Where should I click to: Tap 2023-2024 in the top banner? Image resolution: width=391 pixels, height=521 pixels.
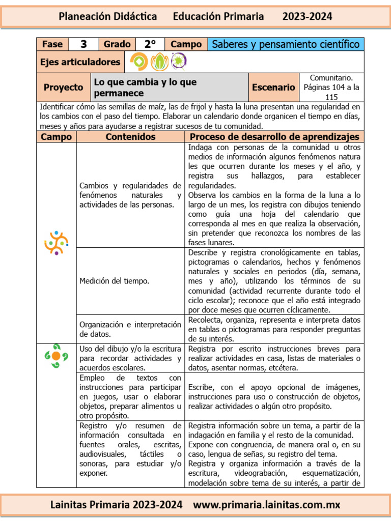pos(307,16)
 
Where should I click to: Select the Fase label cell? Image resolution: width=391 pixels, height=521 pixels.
pos(52,44)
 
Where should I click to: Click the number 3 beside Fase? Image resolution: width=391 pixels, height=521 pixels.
pos(83,44)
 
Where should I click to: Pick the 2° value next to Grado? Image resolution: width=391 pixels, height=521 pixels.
pos(150,44)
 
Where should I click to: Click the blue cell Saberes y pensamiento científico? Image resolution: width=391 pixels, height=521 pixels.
pos(286,44)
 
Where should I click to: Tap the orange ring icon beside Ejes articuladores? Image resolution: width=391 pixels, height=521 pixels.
pos(138,62)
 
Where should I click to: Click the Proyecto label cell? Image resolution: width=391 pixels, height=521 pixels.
pos(63,87)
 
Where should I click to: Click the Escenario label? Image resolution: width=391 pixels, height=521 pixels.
pos(273,87)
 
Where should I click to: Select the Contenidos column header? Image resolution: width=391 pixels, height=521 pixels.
pos(130,137)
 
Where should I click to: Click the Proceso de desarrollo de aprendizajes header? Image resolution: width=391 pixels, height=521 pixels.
pos(274,137)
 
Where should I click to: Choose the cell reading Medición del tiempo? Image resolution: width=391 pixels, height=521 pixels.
pos(115,281)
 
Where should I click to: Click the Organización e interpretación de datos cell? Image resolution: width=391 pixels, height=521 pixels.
pos(130,329)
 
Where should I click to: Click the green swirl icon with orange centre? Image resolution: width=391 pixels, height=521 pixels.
pos(56,356)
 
